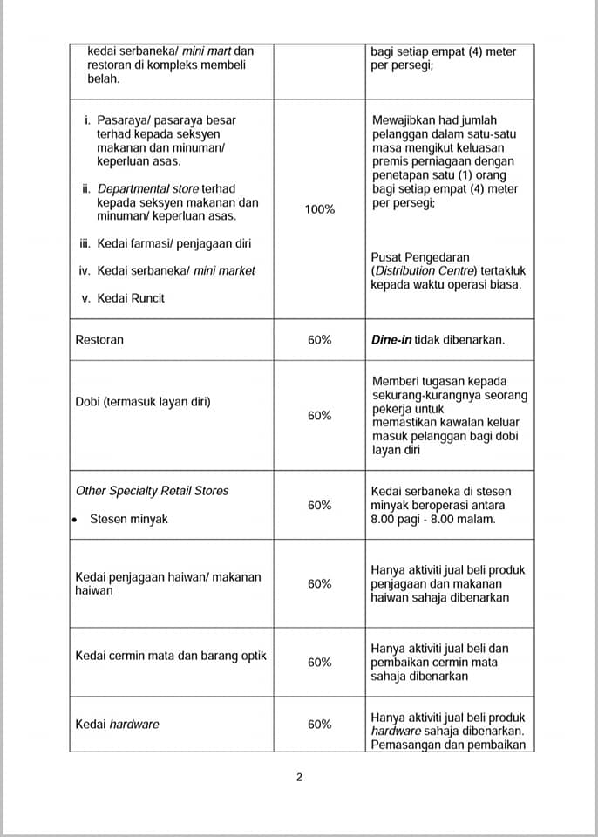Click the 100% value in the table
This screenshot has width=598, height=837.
[x=319, y=209]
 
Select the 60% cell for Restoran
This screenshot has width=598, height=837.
[x=319, y=340]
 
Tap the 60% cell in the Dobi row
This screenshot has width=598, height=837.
[x=319, y=416]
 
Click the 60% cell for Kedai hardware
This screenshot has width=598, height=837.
[x=319, y=724]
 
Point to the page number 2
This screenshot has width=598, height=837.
[x=299, y=778]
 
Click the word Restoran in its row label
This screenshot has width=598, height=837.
[x=99, y=340]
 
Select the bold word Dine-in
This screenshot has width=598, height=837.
[x=391, y=340]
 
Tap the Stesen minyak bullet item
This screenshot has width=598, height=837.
[x=129, y=519]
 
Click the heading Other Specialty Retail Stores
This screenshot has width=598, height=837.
[x=152, y=491]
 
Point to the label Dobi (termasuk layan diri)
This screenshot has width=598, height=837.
[x=142, y=402]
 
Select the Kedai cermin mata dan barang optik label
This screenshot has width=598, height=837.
[x=171, y=656]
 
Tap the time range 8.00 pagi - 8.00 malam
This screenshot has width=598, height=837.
[x=432, y=519]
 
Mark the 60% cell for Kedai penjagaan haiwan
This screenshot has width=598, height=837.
[x=319, y=583]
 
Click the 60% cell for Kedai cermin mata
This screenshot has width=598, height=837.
[x=319, y=662]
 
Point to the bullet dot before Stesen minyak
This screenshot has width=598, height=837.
[x=77, y=520]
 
